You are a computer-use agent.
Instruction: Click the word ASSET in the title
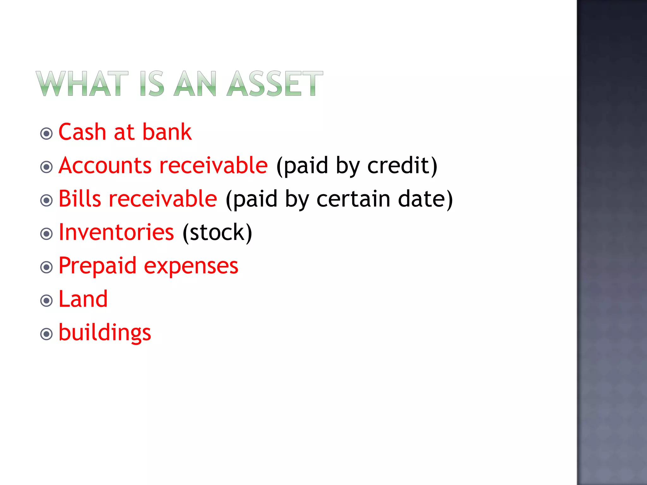coord(275,83)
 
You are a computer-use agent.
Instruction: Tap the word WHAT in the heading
coord(82,83)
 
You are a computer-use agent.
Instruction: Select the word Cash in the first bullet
coord(82,132)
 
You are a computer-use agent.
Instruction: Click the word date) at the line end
coord(425,199)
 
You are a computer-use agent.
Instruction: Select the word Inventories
coord(116,232)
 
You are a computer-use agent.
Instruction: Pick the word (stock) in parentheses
coord(217,233)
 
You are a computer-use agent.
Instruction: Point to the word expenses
coord(191,266)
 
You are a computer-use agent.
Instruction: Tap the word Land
coord(83,299)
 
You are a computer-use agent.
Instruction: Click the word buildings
coord(105,333)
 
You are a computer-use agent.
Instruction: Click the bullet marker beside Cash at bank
coord(46,134)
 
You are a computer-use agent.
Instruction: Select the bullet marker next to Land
coord(46,301)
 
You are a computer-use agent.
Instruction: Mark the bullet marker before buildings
coord(46,334)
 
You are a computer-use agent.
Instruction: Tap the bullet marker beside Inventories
coord(46,234)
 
